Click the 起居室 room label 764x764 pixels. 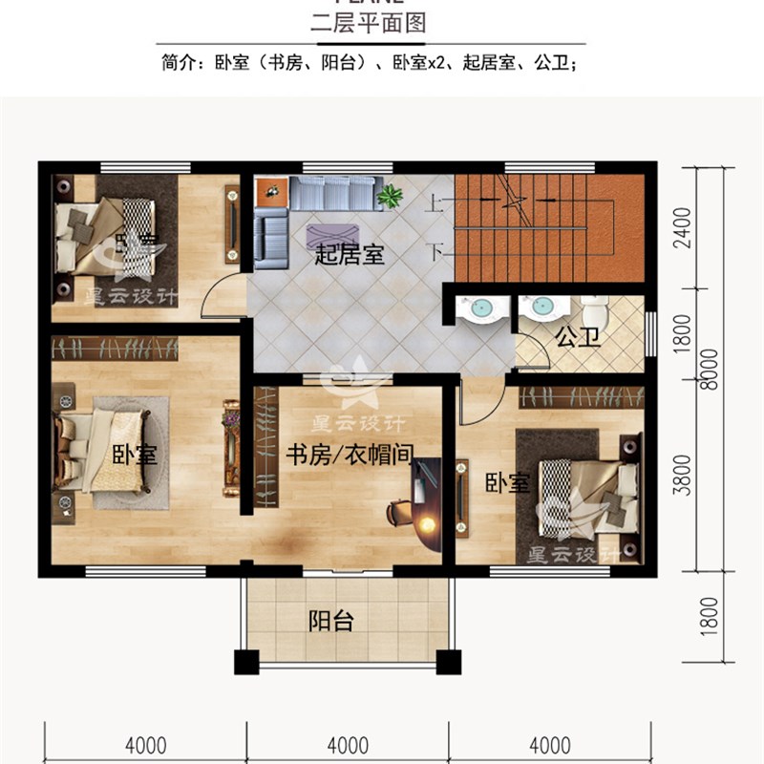(350, 255)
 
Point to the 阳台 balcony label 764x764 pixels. (331, 622)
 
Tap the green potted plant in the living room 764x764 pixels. (389, 197)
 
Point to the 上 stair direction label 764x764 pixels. (435, 202)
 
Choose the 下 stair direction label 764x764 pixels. (435, 253)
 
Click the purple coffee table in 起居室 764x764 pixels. (332, 234)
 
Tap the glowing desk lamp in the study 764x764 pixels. (426, 523)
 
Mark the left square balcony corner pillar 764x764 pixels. (245, 662)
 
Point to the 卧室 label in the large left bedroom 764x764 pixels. (135, 455)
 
